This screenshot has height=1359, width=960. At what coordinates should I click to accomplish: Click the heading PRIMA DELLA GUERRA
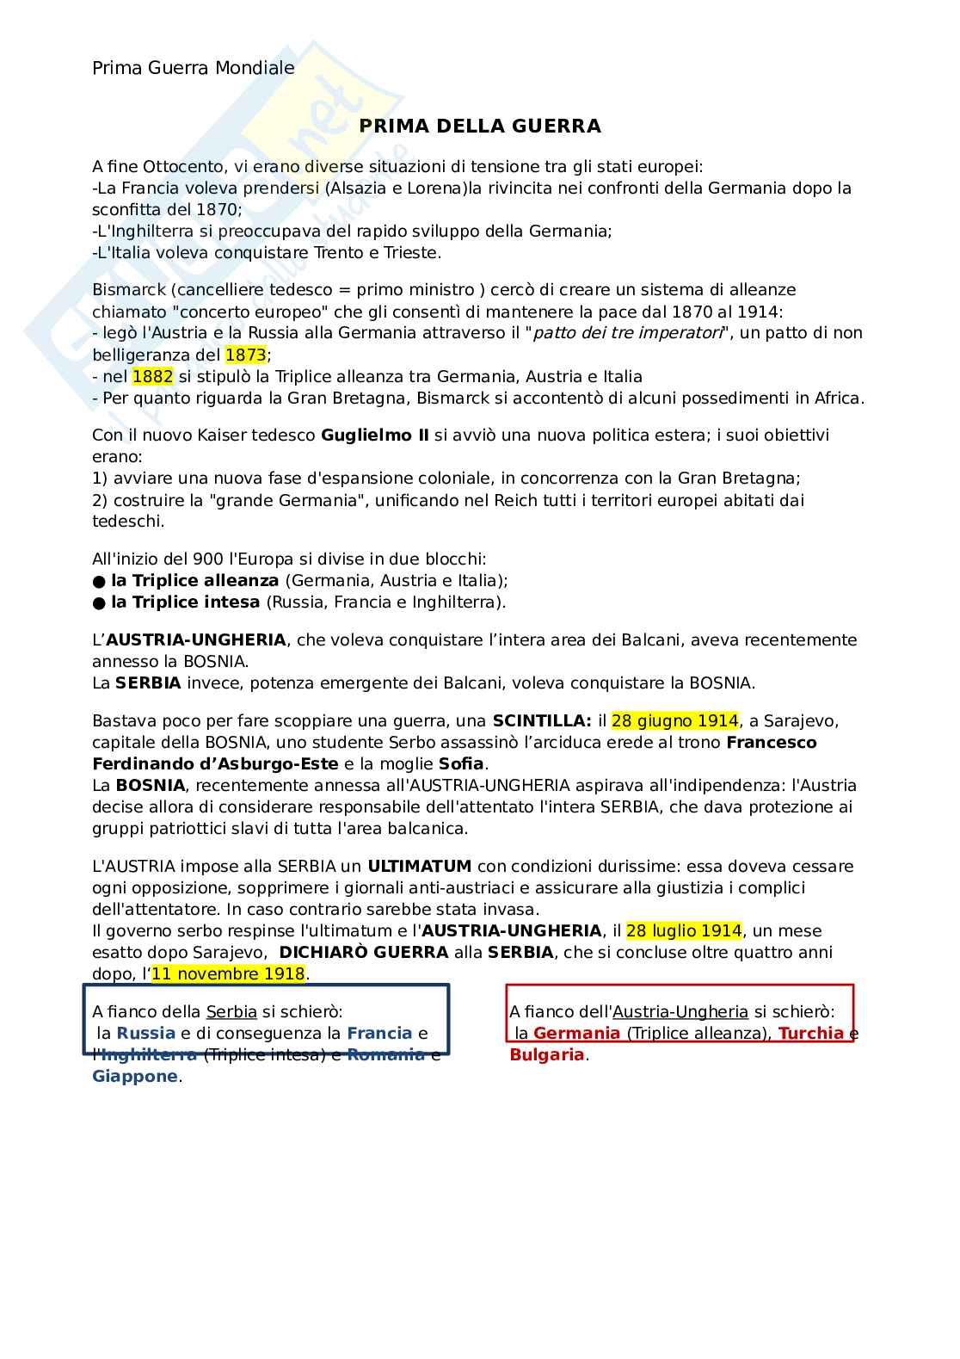pyautogui.click(x=479, y=127)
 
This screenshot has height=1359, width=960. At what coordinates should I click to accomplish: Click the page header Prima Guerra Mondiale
pyautogui.click(x=193, y=68)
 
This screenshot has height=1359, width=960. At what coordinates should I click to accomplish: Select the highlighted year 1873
pyautogui.click(x=246, y=355)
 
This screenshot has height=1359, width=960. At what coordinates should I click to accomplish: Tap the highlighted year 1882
pyautogui.click(x=152, y=376)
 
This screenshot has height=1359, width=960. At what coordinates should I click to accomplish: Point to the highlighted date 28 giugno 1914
pyautogui.click(x=674, y=720)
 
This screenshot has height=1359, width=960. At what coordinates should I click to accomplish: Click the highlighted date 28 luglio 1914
pyautogui.click(x=683, y=930)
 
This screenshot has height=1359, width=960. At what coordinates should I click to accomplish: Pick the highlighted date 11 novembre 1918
pyautogui.click(x=228, y=973)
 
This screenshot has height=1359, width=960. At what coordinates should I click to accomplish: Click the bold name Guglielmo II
pyautogui.click(x=374, y=435)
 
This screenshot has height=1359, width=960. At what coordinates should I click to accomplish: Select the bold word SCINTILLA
pyautogui.click(x=541, y=720)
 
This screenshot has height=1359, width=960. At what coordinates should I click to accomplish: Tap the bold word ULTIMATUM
pyautogui.click(x=419, y=866)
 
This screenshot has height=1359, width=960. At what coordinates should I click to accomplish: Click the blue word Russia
pyautogui.click(x=145, y=1033)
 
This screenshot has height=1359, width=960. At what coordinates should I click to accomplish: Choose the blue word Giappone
pyautogui.click(x=134, y=1076)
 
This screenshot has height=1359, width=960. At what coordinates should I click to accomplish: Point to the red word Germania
pyautogui.click(x=576, y=1033)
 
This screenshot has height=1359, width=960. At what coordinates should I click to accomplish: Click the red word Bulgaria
pyautogui.click(x=546, y=1054)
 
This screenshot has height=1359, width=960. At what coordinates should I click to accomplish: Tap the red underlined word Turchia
pyautogui.click(x=810, y=1033)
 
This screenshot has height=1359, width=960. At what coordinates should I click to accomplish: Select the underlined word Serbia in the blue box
pyautogui.click(x=231, y=1011)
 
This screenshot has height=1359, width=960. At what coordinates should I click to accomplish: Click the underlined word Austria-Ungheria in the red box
pyautogui.click(x=680, y=1011)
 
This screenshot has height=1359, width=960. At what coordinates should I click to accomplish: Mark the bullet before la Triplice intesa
pyautogui.click(x=99, y=602)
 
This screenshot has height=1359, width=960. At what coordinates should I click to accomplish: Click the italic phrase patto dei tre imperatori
pyautogui.click(x=627, y=333)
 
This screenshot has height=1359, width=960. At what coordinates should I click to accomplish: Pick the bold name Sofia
pyautogui.click(x=461, y=763)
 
